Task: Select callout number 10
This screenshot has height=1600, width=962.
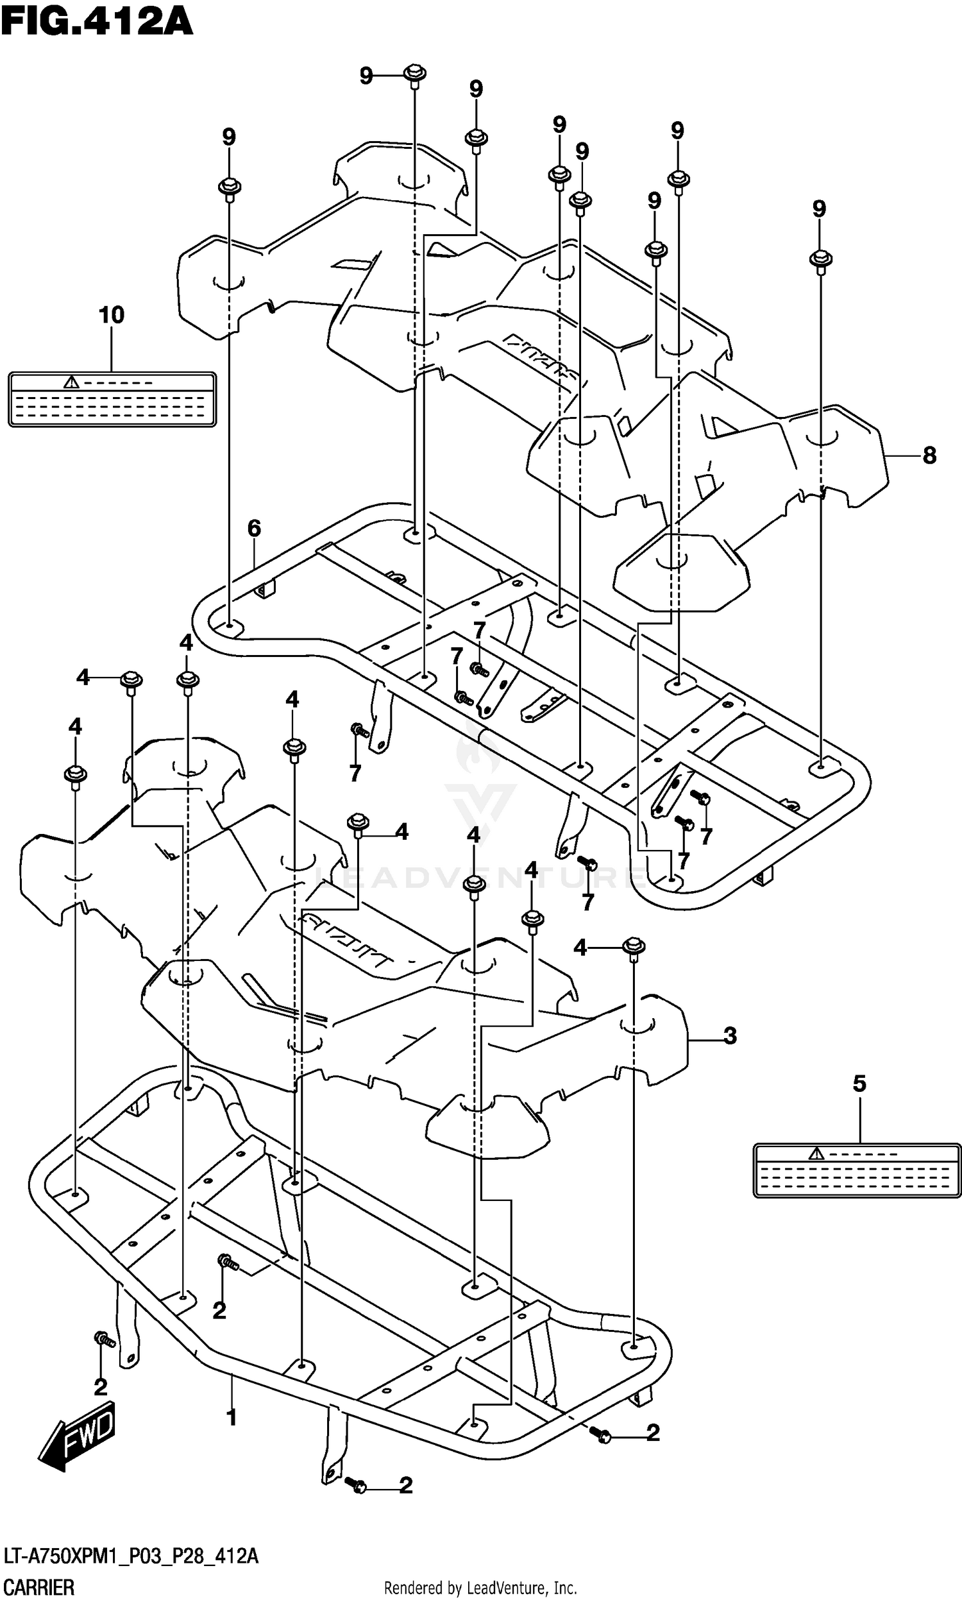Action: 111,315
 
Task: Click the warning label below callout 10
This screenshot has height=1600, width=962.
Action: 112,398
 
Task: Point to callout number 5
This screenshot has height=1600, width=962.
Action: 859,1084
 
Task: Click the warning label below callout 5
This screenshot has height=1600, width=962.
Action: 856,1170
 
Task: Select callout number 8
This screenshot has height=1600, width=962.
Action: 929,455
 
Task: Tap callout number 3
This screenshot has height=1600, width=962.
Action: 730,1035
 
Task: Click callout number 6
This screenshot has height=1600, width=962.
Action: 254,529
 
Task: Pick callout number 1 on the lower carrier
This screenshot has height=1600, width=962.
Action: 232,1418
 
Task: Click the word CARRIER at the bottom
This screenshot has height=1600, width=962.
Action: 39,1588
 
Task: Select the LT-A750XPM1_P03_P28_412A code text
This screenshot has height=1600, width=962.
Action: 131,1556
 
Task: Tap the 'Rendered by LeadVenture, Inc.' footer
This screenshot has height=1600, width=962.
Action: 480,1588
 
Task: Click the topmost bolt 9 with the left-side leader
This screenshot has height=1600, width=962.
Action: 414,74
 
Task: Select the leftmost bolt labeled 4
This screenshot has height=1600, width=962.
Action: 76,776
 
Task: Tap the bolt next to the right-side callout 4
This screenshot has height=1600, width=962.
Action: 634,947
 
